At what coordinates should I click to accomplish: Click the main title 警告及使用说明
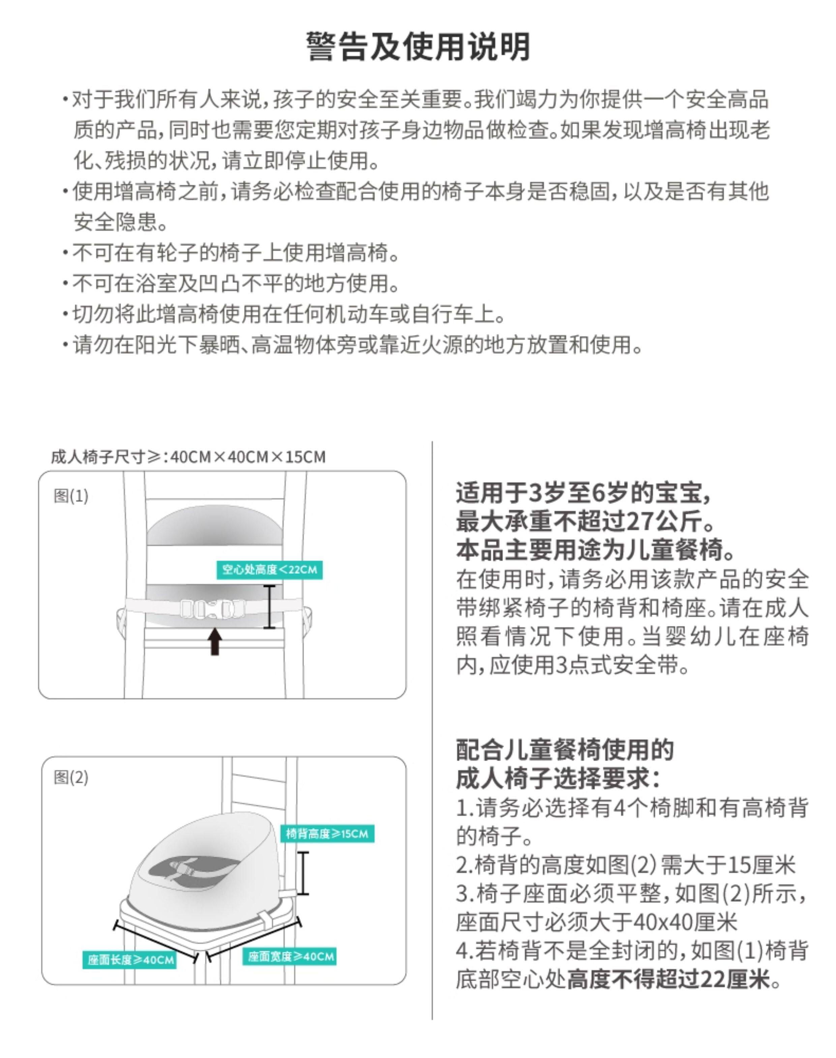tap(418, 47)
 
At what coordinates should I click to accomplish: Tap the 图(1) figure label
tap(71, 496)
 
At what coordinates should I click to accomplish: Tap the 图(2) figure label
tap(71, 777)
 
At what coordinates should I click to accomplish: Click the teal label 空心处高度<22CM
tap(269, 570)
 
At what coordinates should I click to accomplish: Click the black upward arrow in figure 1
tap(215, 642)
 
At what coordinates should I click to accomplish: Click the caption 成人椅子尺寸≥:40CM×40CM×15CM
tap(188, 457)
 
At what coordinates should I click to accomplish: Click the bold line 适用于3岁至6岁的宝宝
tap(583, 493)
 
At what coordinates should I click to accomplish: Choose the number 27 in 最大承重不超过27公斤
tap(641, 522)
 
